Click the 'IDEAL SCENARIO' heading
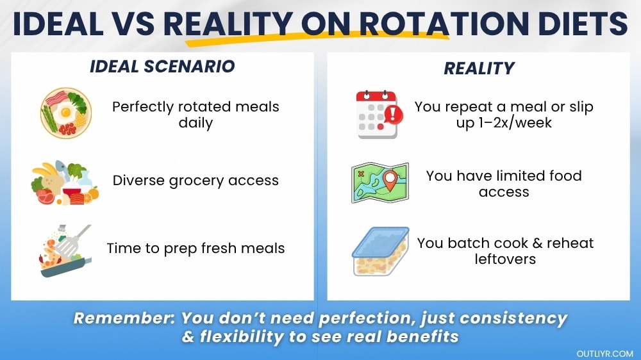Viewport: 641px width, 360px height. coord(162,66)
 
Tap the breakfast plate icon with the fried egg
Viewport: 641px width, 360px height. coord(66,113)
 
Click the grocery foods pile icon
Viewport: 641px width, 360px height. coord(65,183)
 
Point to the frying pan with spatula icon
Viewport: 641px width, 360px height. coord(65,250)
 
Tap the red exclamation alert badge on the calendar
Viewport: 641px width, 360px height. coord(393,115)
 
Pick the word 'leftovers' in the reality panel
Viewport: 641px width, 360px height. coord(505,259)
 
